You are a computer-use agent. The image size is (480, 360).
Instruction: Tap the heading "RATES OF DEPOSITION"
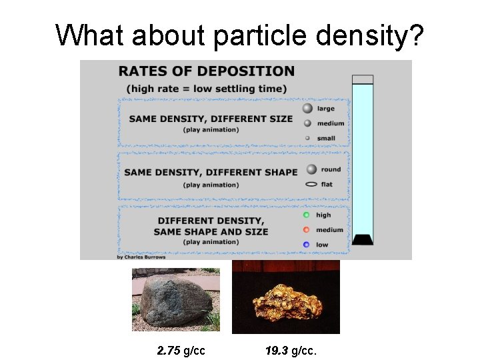206,71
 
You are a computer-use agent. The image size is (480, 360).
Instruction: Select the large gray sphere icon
307,109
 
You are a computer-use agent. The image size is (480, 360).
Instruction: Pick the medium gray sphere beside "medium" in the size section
307,123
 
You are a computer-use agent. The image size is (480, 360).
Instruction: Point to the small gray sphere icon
307,139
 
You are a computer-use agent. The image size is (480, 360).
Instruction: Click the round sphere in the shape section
311,169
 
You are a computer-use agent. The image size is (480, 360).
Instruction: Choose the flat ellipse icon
311,184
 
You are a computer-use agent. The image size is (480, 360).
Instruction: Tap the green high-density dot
306,215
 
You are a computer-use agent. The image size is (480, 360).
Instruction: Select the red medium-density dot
306,230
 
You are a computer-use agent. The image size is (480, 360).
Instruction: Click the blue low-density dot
306,245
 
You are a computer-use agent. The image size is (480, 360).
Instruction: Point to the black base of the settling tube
362,239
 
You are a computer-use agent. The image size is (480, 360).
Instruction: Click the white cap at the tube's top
363,79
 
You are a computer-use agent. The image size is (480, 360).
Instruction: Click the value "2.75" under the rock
169,350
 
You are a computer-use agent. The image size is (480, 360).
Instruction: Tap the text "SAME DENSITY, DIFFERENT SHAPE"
211,172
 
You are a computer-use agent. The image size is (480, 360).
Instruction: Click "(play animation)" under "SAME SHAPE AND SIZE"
211,242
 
